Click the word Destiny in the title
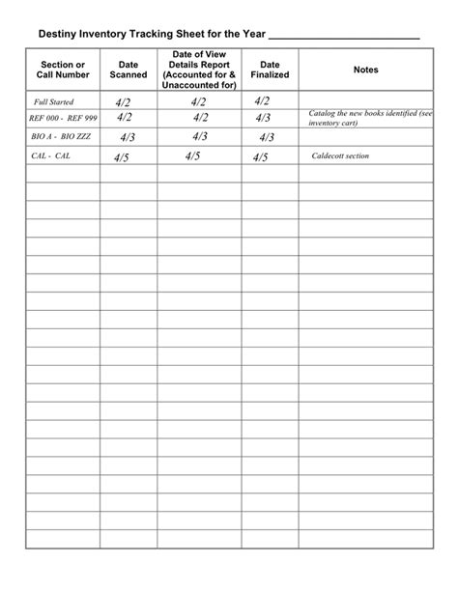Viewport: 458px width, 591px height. (60, 33)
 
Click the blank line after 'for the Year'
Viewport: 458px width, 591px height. (343, 35)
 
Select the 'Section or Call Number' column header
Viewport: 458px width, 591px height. (63, 70)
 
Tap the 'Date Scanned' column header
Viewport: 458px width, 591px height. (129, 70)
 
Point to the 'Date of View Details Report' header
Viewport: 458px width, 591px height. (200, 70)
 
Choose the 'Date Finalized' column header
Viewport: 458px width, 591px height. (270, 70)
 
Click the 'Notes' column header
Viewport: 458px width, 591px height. (366, 70)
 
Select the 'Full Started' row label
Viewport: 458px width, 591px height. (53, 101)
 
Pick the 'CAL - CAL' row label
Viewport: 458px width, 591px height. (50, 155)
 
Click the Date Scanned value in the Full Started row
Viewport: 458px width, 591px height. (123, 101)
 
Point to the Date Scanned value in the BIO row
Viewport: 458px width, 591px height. (127, 137)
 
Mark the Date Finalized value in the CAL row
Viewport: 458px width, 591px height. (260, 156)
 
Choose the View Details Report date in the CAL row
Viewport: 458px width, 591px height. (192, 155)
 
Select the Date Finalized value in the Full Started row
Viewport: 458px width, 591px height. (263, 100)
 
